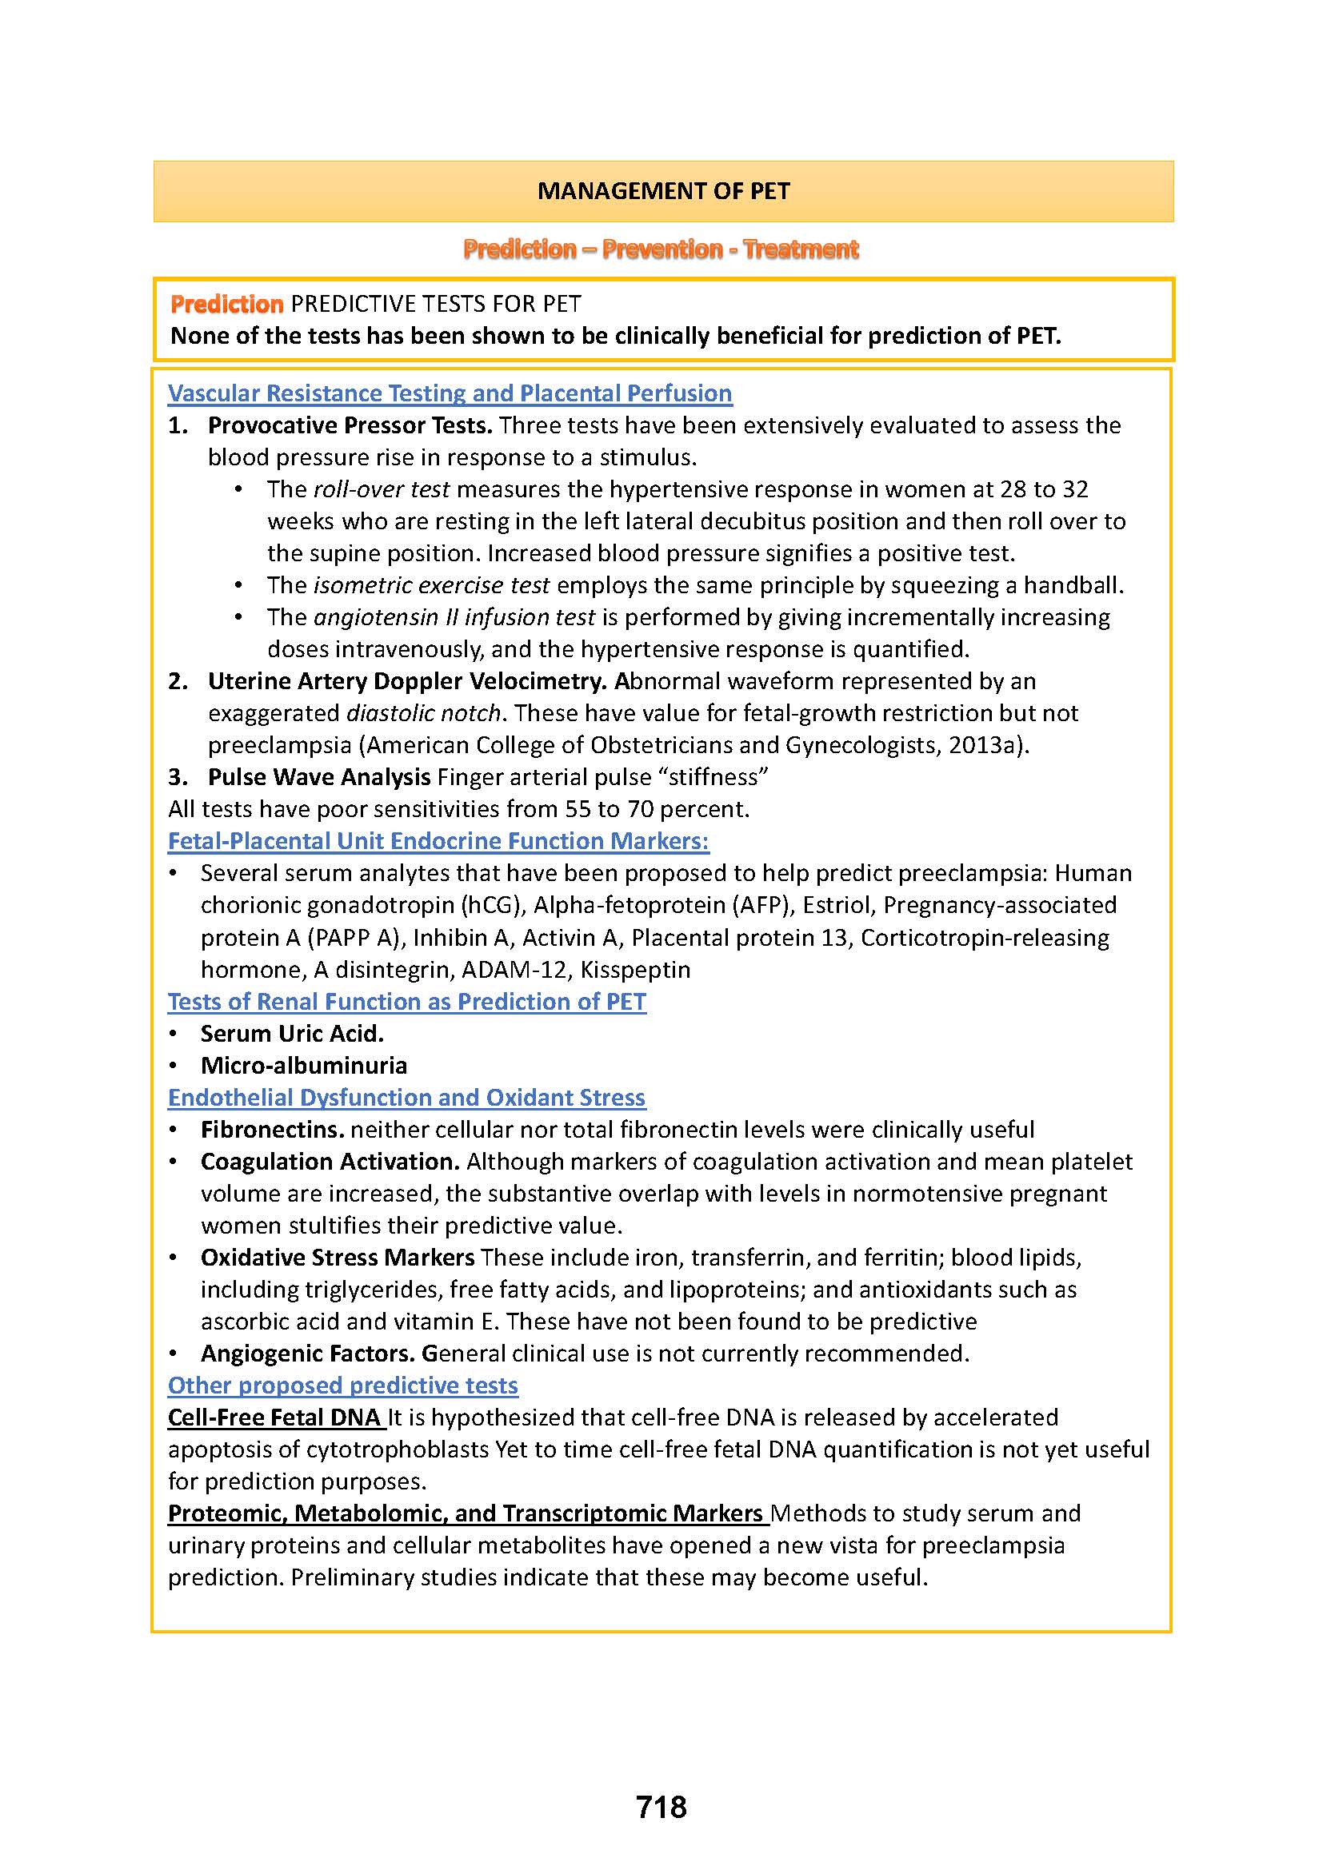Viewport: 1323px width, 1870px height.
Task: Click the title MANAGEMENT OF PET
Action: coord(663,191)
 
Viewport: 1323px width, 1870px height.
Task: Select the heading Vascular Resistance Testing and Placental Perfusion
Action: coord(450,393)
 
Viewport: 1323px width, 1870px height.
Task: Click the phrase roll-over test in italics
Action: coord(382,489)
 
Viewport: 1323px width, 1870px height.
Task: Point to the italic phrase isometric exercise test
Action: coord(431,585)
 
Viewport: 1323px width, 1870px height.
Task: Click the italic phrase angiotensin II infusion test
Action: coord(454,617)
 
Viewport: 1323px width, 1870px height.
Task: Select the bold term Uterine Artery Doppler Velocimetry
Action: coord(406,682)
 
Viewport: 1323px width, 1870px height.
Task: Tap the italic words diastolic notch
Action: coord(423,713)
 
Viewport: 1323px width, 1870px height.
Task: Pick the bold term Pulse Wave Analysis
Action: coord(318,777)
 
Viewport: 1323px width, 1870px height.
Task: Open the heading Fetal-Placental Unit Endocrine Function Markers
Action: coord(438,841)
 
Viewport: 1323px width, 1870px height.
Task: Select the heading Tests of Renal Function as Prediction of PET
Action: coord(406,1002)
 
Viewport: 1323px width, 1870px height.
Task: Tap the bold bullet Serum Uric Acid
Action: coord(292,1034)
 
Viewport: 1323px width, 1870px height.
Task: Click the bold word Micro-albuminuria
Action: coord(304,1065)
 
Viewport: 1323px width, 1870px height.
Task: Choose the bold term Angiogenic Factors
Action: coord(307,1354)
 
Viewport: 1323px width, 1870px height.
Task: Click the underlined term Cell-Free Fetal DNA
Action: coord(274,1418)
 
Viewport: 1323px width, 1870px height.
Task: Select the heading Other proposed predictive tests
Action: coord(343,1386)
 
